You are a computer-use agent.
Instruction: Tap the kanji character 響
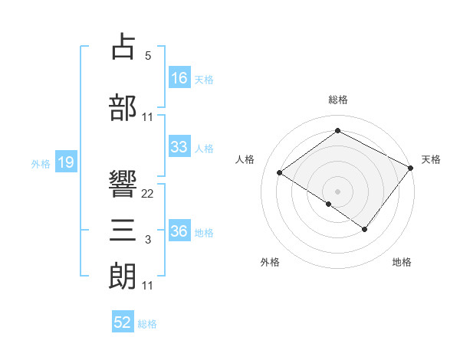click(123, 185)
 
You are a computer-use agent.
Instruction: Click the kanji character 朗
click(123, 276)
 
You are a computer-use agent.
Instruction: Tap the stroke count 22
click(148, 193)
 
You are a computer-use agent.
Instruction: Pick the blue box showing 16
click(179, 78)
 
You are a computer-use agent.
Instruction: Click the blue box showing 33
click(179, 147)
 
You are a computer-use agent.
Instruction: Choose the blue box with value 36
click(179, 231)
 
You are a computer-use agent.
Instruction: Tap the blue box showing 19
click(66, 162)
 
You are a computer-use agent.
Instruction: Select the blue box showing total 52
click(123, 322)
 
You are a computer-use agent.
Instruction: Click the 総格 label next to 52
click(147, 324)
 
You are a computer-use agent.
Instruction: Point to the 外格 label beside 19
click(41, 163)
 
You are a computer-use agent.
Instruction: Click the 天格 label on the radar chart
click(431, 159)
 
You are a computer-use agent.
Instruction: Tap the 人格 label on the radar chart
click(245, 159)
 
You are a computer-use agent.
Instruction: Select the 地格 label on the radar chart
click(402, 262)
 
